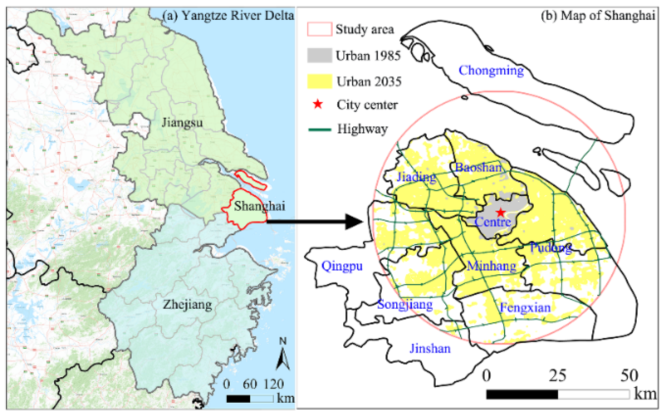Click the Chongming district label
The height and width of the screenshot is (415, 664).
[491, 71]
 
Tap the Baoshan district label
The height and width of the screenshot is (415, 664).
[479, 167]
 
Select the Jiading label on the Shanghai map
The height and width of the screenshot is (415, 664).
[416, 177]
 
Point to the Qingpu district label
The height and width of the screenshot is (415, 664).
[342, 266]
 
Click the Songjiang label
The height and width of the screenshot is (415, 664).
[405, 304]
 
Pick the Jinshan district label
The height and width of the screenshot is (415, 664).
[430, 348]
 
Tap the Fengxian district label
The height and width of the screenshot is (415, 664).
[525, 307]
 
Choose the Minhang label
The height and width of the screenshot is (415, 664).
[491, 266]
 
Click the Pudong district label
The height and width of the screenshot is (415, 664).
[550, 247]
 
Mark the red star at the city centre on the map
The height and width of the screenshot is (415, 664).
[501, 212]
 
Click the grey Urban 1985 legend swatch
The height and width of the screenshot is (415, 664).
[319, 56]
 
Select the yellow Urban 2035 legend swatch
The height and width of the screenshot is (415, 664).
[319, 81]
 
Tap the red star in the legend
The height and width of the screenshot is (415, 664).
[318, 104]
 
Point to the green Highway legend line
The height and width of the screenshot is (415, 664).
[319, 129]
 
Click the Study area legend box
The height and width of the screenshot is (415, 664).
[319, 29]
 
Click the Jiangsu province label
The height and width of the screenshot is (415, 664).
[182, 122]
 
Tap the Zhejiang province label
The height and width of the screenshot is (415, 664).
[187, 304]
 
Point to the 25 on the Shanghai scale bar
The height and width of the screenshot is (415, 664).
[557, 376]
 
